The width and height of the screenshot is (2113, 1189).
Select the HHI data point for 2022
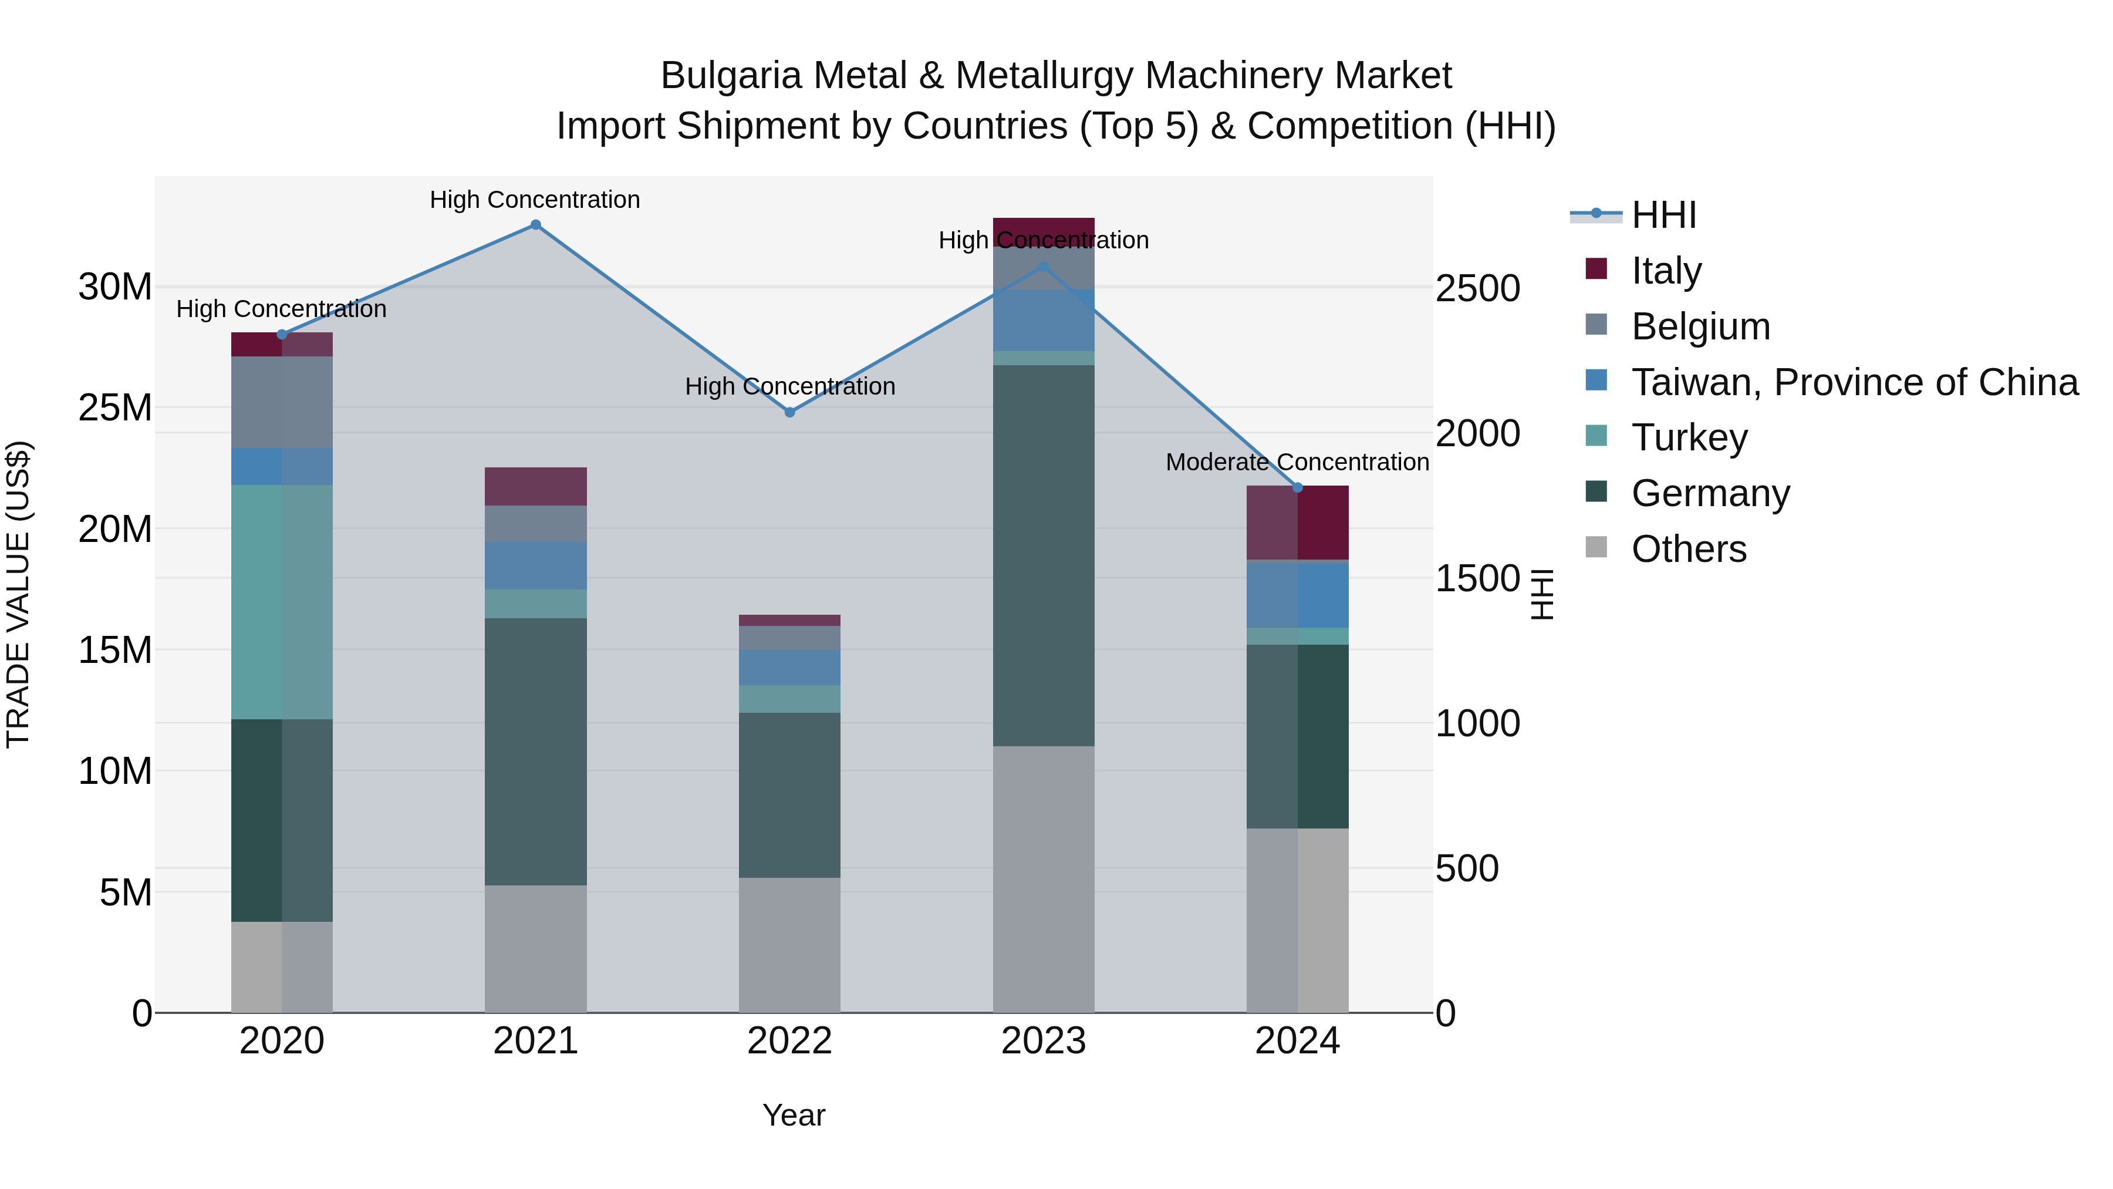tap(790, 413)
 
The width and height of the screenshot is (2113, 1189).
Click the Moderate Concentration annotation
tap(1297, 463)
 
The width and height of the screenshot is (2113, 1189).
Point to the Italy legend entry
tap(1665, 271)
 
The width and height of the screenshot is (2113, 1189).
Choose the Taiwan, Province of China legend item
tap(1854, 382)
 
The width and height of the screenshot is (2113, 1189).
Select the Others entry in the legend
tap(1688, 549)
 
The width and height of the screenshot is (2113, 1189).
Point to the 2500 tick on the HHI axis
tap(1477, 289)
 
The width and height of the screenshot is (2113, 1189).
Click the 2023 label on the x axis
tap(1044, 1041)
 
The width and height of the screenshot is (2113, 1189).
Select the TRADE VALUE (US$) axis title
tap(18, 594)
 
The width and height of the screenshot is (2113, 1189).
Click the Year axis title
tap(793, 1115)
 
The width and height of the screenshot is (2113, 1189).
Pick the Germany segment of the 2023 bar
tap(1044, 555)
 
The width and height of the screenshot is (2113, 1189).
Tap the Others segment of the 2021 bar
tap(536, 949)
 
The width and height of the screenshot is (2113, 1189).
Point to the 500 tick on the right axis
tap(1467, 869)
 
